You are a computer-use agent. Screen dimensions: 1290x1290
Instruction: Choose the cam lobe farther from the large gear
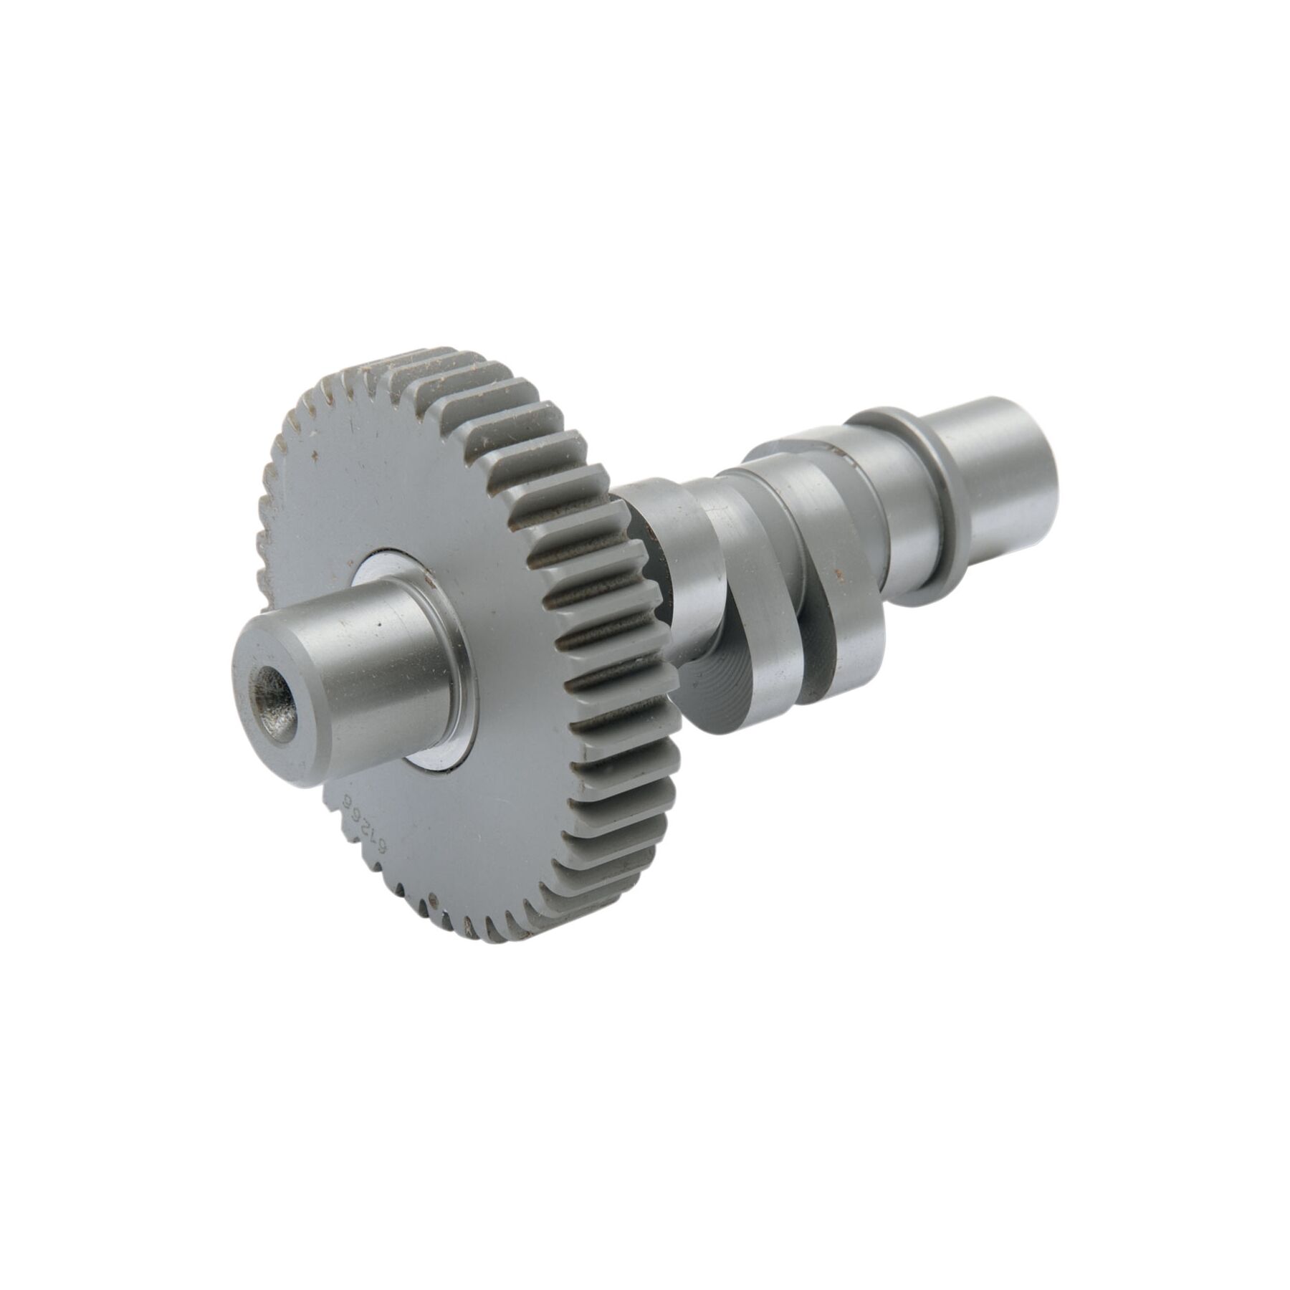pos(831,573)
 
